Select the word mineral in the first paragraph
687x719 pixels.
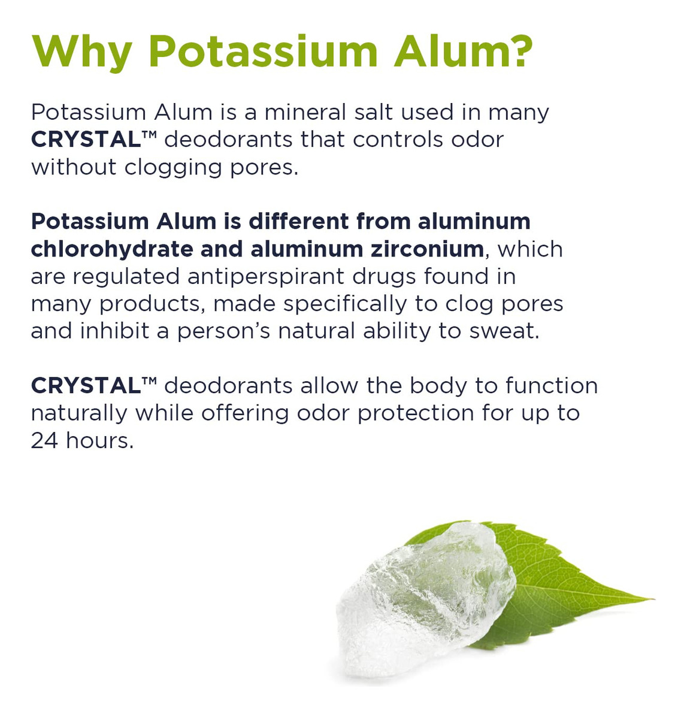pos(306,112)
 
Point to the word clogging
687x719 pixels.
pos(173,168)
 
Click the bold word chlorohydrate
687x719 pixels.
pos(112,249)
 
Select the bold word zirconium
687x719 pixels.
pos(427,249)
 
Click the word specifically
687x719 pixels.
pos(345,305)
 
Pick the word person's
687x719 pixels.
pos(224,332)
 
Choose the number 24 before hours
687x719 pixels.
pos(44,441)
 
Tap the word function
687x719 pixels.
pos(552,386)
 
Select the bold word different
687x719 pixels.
pos(298,222)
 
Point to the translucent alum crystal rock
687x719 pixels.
pos(425,598)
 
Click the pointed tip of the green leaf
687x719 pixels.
pos(653,599)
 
